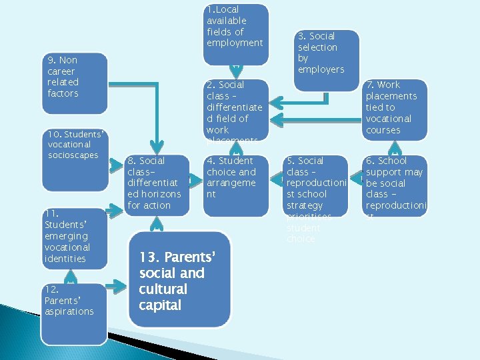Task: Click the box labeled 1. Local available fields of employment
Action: [235, 34]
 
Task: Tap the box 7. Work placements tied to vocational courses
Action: [395, 109]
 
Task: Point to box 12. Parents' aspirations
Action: [73, 313]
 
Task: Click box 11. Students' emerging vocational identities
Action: [73, 237]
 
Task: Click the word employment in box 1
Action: [235, 43]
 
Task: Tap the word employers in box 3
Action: [321, 70]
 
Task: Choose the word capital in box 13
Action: [160, 305]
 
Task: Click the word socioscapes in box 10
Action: [73, 155]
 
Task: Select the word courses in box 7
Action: [383, 130]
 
